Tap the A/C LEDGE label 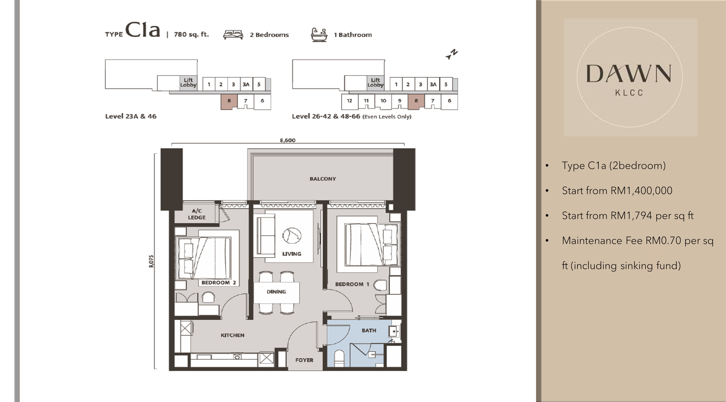(197, 214)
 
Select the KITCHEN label (232, 335)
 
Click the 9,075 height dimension (151, 261)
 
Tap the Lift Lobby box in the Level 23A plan (188, 83)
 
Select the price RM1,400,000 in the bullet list (641, 191)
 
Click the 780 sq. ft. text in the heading (191, 34)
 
